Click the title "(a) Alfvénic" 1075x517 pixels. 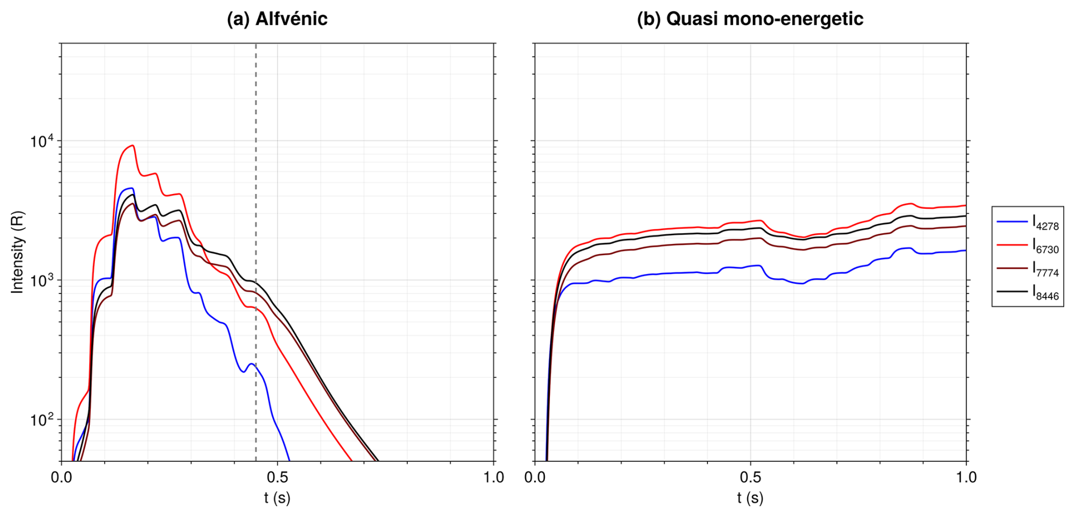(x=277, y=19)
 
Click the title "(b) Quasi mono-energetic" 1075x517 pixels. (x=749, y=19)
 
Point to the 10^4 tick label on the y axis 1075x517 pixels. (x=43, y=140)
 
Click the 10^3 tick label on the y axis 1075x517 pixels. (x=43, y=280)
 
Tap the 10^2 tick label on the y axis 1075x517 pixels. (x=43, y=420)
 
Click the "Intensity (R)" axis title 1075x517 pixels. (x=18, y=252)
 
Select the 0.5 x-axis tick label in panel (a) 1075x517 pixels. (x=277, y=477)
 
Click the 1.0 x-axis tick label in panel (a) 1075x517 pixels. (x=494, y=477)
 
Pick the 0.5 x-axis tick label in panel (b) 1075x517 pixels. (x=751, y=477)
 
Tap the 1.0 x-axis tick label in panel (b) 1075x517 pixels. (x=966, y=477)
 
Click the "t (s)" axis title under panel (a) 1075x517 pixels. (x=277, y=498)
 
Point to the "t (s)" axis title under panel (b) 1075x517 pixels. (x=751, y=498)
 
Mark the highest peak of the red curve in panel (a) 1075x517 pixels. (x=132, y=146)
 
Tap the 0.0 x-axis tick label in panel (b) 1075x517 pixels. (x=535, y=477)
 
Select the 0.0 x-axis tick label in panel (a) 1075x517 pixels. (x=61, y=477)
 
